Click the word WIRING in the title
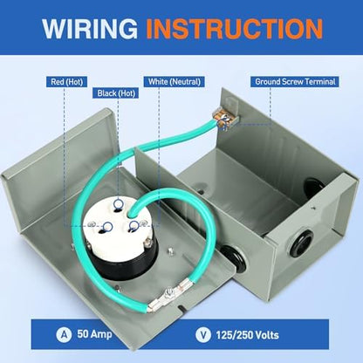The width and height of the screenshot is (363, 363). click(x=90, y=28)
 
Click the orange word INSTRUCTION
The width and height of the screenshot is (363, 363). click(x=234, y=29)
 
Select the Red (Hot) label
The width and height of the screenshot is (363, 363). click(x=66, y=81)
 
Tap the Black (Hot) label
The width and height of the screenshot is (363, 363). click(x=116, y=93)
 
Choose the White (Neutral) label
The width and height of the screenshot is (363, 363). click(x=175, y=81)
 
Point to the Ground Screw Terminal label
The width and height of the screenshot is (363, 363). click(x=295, y=81)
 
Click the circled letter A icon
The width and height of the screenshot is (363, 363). click(x=64, y=334)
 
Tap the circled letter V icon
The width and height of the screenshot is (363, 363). click(x=203, y=334)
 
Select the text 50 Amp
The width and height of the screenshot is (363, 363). click(x=94, y=334)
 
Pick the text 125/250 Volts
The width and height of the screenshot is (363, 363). click(x=247, y=335)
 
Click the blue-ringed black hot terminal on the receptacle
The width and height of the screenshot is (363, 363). click(x=119, y=204)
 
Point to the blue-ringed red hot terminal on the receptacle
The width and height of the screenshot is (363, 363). click(x=107, y=227)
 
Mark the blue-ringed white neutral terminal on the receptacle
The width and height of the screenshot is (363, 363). click(x=134, y=226)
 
